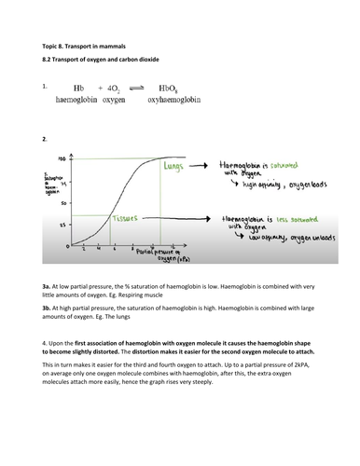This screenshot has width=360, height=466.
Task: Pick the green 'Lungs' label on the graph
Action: click(x=172, y=165)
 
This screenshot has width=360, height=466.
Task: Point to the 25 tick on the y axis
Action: click(x=61, y=225)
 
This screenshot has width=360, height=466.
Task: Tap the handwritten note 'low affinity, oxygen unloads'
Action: click(x=275, y=240)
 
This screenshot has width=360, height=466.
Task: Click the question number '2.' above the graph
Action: click(x=45, y=137)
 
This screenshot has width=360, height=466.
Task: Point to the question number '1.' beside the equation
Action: click(x=45, y=87)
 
